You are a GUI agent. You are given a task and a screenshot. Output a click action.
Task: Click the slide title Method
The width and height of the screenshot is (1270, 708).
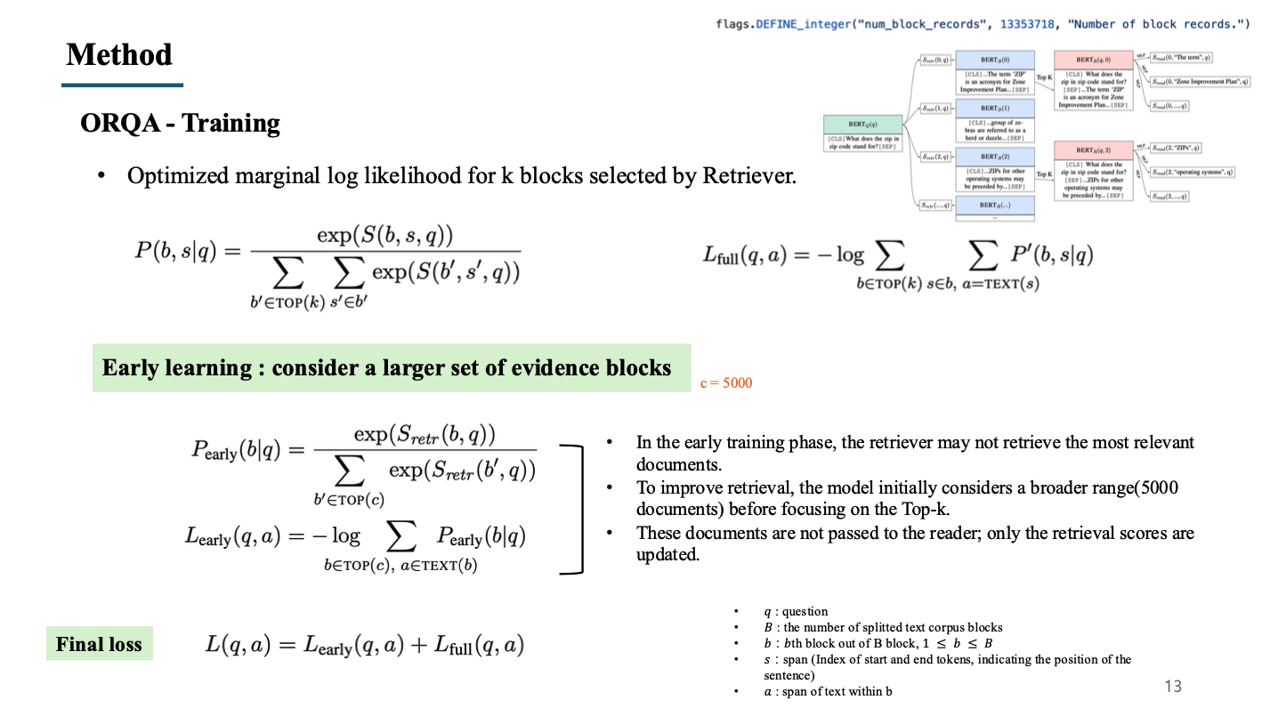coord(119,55)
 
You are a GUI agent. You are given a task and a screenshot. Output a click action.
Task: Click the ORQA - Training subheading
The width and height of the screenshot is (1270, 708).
coord(180,123)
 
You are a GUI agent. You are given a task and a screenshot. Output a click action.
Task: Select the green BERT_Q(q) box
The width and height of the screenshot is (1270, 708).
coord(861,133)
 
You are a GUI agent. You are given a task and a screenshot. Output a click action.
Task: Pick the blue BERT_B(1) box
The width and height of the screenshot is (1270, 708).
coord(994,119)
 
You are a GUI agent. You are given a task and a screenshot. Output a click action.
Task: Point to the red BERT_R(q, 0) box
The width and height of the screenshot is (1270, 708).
coord(1093,79)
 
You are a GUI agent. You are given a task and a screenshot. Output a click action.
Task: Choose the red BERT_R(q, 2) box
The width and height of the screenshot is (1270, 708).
coord(1093,171)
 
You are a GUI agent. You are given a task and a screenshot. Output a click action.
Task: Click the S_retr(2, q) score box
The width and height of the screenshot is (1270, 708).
coord(936,157)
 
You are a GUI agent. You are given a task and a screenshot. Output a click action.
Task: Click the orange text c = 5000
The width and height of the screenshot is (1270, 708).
coord(724,383)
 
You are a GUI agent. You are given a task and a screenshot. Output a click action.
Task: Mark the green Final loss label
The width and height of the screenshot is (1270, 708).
coord(99,644)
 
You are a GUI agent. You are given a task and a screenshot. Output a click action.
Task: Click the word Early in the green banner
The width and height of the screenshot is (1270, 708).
coord(133,367)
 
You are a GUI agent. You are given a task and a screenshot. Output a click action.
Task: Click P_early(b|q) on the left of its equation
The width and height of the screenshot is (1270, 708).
coord(235,450)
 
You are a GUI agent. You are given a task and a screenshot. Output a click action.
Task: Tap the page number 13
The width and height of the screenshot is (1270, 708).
coord(1173,686)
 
